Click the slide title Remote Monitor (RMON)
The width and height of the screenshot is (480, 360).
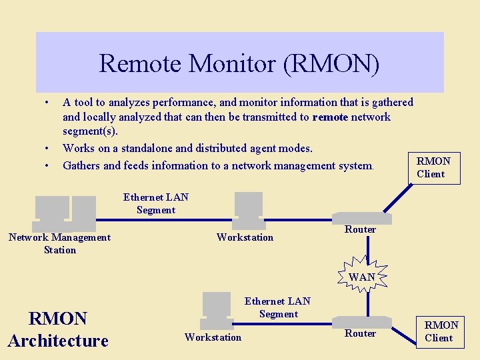(x=239, y=64)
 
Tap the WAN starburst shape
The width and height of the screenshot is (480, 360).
(x=361, y=274)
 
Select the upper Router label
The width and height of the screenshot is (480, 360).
(x=360, y=229)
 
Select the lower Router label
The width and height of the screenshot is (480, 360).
(x=360, y=333)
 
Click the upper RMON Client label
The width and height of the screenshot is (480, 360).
(x=433, y=167)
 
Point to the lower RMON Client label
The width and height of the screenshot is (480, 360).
(x=441, y=331)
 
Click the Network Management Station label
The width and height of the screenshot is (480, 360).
(x=60, y=243)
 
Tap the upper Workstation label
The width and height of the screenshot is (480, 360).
(x=245, y=237)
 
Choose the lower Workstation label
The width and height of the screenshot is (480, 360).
(x=213, y=337)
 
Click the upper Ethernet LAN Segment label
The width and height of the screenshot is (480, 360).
(x=156, y=203)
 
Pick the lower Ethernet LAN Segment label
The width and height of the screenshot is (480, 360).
(x=278, y=307)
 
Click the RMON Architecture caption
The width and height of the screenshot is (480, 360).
(x=58, y=329)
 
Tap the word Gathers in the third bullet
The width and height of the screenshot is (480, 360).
(x=81, y=165)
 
